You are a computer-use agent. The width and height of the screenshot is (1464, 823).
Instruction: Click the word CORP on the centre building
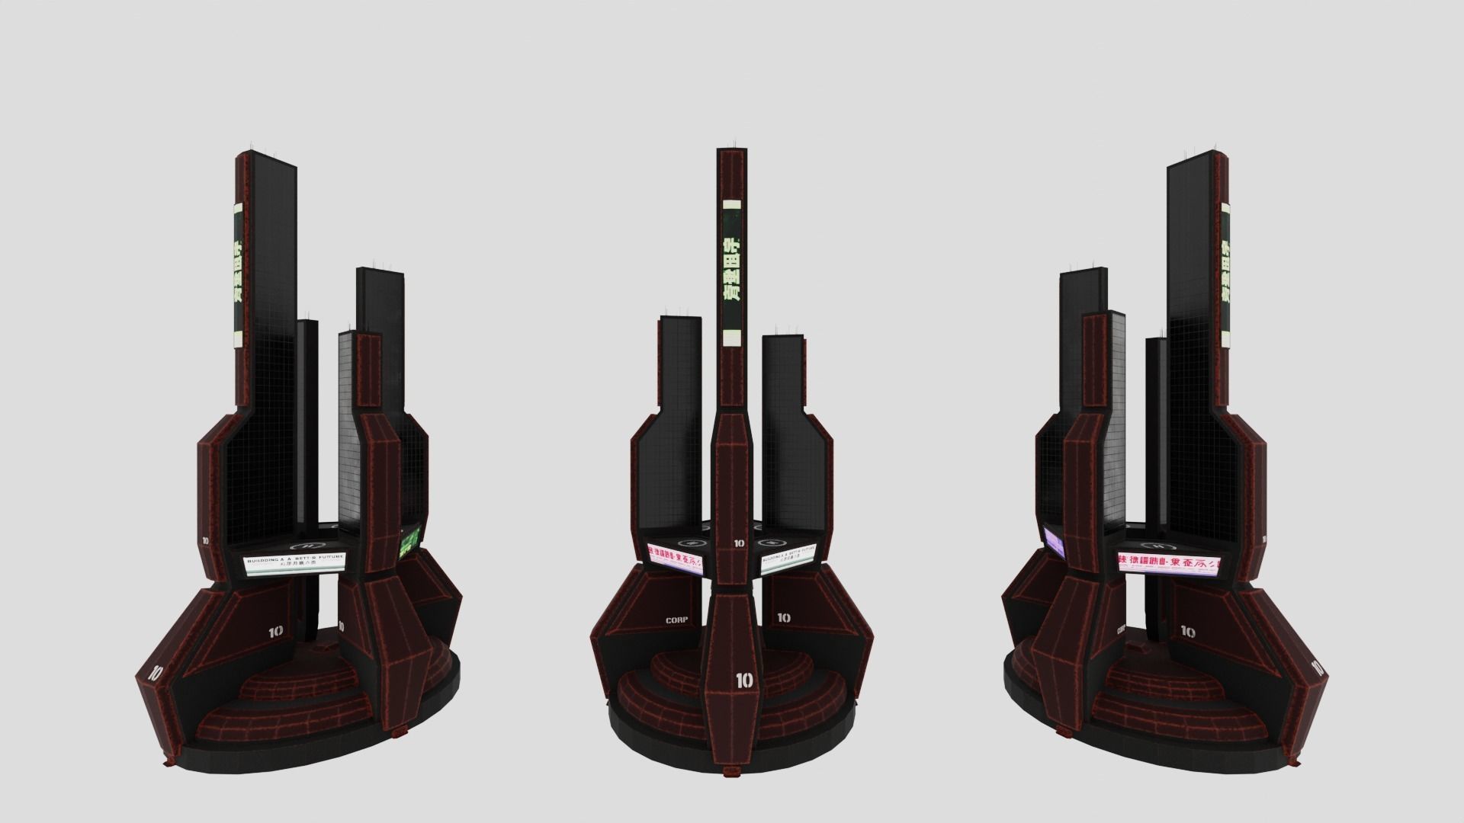pos(676,620)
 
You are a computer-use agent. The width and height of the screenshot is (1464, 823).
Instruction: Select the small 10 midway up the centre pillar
pos(739,543)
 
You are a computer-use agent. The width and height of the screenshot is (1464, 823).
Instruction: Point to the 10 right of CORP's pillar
pos(783,618)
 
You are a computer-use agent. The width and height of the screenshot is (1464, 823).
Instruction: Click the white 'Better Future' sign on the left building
pos(295,562)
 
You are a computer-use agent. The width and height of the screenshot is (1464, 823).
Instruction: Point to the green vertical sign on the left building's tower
pos(237,271)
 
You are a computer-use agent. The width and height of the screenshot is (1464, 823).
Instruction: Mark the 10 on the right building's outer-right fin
pos(1317,668)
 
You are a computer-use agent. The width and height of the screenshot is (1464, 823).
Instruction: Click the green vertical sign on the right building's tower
pos(1228,274)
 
